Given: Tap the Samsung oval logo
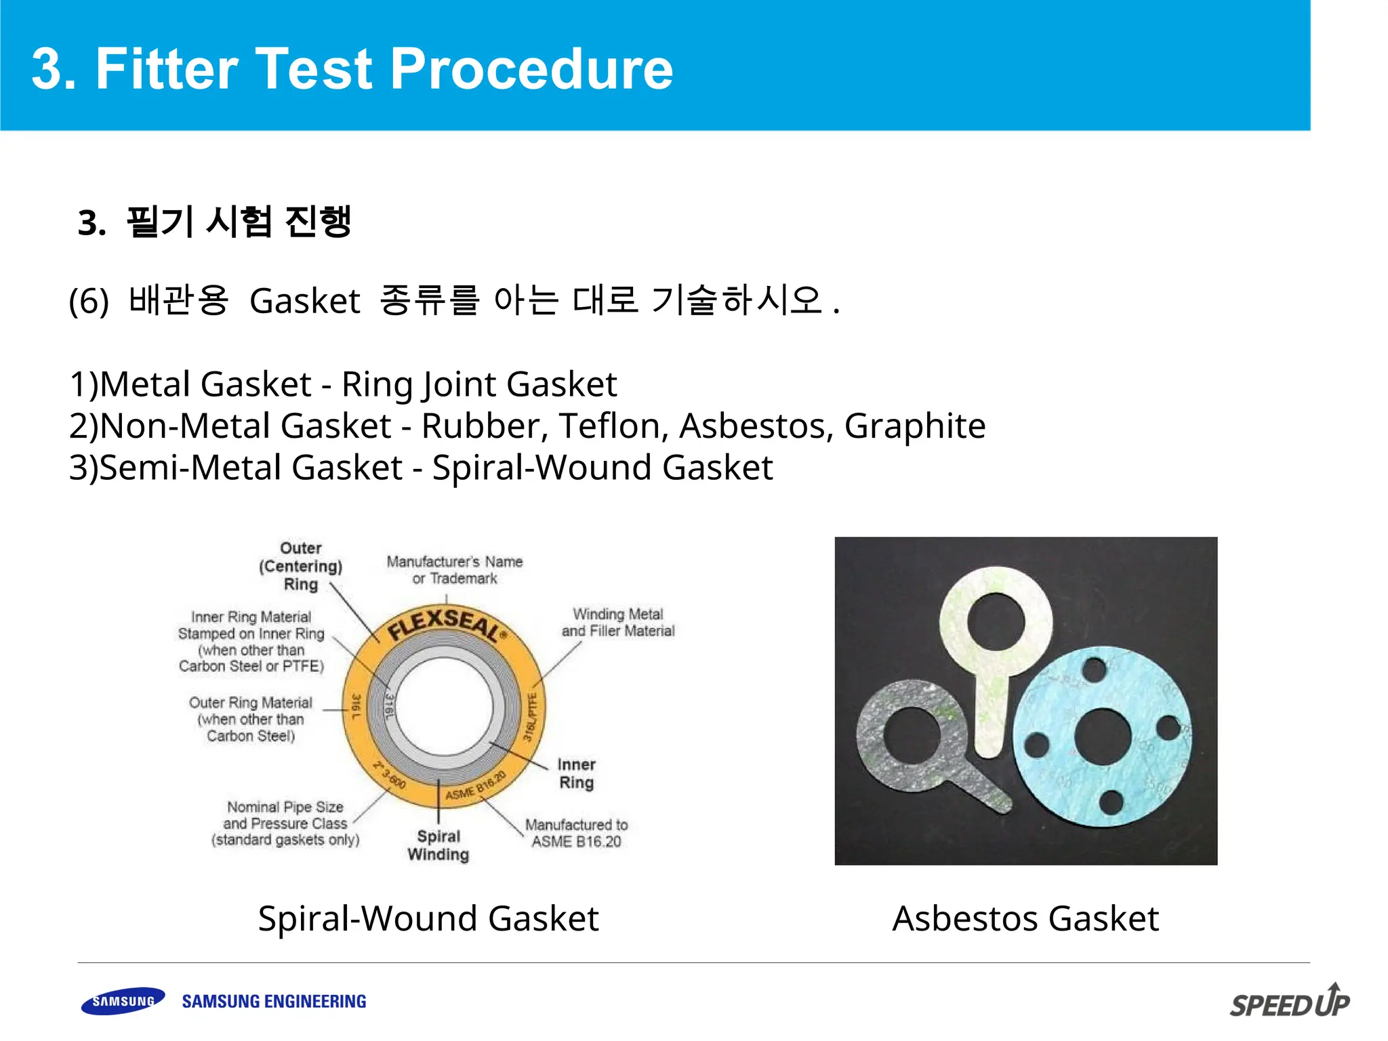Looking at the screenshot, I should coord(123,1001).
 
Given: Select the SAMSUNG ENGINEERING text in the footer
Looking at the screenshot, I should coord(274,1002).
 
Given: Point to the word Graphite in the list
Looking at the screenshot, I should coord(914,426).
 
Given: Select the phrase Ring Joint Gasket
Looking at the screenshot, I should coord(478,384).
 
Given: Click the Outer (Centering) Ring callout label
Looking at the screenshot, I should coord(300,567).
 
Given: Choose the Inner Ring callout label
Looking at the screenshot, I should coord(576,773).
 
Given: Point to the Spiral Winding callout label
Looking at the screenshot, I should coord(438,845).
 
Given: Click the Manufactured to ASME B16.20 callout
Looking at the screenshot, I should coord(576,833).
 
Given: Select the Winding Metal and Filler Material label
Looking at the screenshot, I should coord(617,622).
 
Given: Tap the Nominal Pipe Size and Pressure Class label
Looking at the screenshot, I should coord(285,823).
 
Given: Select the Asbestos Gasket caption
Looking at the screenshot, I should coord(1025,919).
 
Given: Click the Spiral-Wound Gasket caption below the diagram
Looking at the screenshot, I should coord(428,919).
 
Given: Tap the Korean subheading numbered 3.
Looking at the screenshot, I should coord(215,222).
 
